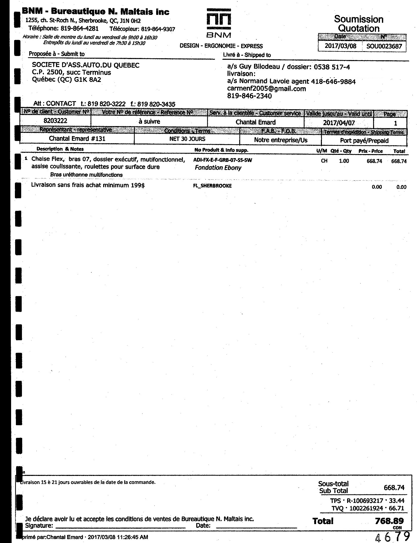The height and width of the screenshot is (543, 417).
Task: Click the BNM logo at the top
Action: coord(218,23)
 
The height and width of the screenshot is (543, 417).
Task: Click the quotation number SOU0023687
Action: coord(384,46)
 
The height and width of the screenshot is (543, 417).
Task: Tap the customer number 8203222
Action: coord(55,121)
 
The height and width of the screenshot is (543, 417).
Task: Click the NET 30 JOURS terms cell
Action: coord(187,139)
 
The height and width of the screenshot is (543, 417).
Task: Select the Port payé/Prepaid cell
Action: coord(364,140)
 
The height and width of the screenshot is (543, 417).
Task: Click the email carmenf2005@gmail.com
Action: coord(266,89)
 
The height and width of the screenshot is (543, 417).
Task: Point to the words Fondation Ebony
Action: coord(218,168)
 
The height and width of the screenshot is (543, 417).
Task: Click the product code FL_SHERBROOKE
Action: coord(212,186)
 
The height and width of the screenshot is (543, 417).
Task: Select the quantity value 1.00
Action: coord(344,161)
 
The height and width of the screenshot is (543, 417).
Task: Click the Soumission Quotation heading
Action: coord(358,24)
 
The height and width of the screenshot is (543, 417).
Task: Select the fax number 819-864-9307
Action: coord(158,29)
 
